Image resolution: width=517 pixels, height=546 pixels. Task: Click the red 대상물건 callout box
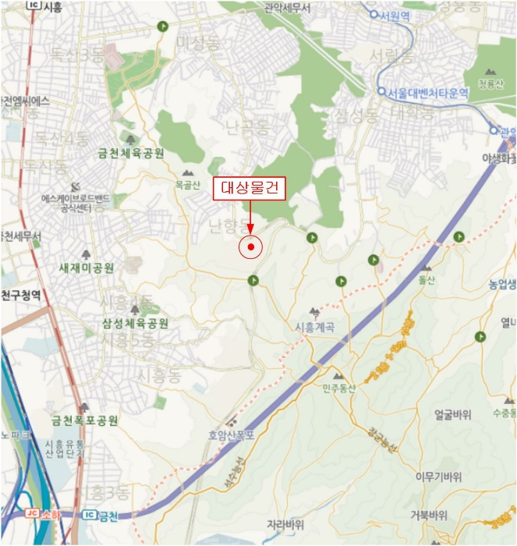pyautogui.click(x=250, y=188)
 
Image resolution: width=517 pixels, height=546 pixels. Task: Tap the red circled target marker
pyautogui.click(x=251, y=248)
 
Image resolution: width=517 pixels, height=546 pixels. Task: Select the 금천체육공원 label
pyautogui.click(x=131, y=154)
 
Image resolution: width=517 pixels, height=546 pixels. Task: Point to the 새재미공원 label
pyautogui.click(x=87, y=268)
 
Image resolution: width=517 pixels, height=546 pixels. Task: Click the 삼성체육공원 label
pyautogui.click(x=135, y=323)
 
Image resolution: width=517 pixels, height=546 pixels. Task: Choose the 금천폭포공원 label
pyautogui.click(x=85, y=420)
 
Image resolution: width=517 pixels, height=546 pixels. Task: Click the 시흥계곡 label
pyautogui.click(x=315, y=327)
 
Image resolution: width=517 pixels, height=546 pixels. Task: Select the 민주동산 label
pyautogui.click(x=338, y=388)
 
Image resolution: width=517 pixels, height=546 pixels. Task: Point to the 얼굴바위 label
pyautogui.click(x=453, y=415)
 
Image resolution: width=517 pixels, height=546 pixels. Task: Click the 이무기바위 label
pyautogui.click(x=438, y=477)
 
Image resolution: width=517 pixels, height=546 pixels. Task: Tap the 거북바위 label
pyautogui.click(x=429, y=515)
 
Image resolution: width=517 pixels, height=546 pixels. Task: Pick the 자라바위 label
pyautogui.click(x=285, y=523)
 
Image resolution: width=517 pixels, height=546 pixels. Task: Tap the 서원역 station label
pyautogui.click(x=395, y=15)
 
